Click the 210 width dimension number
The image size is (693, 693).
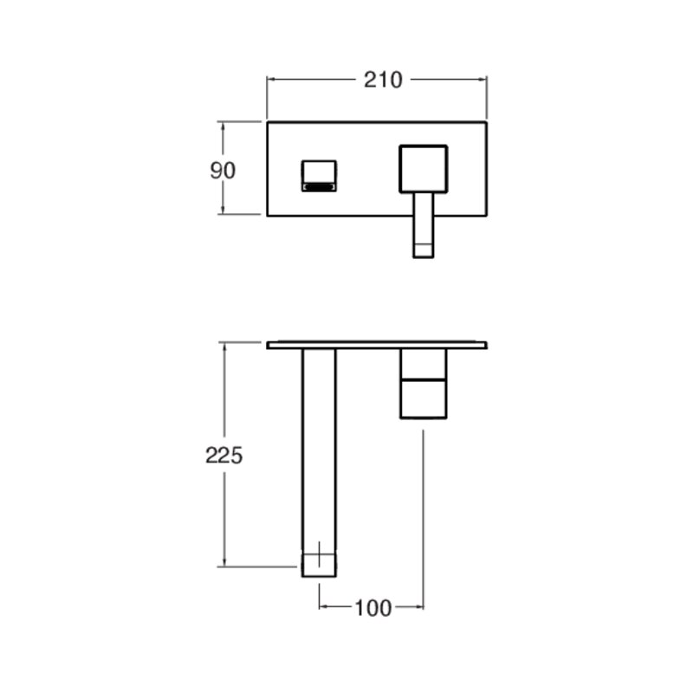tap(383, 80)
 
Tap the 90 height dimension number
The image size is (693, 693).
tap(223, 171)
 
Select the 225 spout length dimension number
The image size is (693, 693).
tap(224, 456)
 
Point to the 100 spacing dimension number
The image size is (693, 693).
tap(373, 608)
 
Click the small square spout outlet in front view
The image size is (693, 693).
tap(319, 176)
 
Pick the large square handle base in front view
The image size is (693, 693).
tap(424, 169)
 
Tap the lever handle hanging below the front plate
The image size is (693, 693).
tap(424, 225)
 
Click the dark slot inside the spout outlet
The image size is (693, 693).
tap(319, 187)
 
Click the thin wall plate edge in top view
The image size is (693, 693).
tap(377, 345)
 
